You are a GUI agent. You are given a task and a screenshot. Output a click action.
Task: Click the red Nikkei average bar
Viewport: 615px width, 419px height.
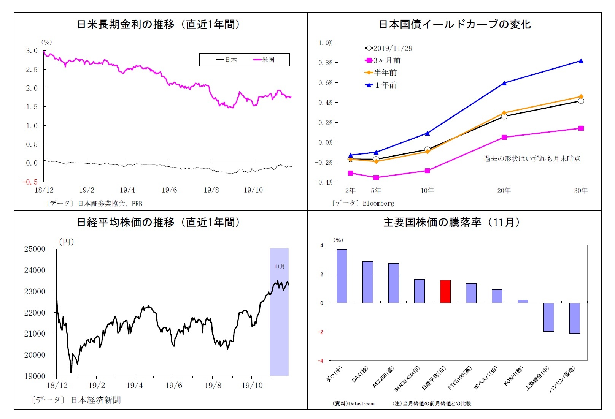445,291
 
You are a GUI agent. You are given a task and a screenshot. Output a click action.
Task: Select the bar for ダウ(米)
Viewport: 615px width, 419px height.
342,276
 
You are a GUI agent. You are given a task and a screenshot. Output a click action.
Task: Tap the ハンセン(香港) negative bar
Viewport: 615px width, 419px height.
574,318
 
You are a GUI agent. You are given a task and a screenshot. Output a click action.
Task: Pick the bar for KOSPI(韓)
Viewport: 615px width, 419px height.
523,301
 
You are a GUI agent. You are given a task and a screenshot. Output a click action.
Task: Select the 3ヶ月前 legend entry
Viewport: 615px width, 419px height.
383,60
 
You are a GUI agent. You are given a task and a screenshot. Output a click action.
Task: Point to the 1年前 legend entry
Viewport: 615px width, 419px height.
381,85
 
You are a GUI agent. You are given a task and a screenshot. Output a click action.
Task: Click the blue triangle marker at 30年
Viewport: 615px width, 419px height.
581,61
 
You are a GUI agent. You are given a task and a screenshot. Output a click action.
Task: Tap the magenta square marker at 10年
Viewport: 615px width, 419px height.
427,171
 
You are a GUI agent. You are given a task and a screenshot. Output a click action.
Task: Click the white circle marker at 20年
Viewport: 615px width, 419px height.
504,116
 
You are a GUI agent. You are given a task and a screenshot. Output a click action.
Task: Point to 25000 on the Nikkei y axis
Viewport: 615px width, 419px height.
35,249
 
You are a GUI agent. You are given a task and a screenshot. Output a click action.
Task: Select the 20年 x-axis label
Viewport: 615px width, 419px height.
504,190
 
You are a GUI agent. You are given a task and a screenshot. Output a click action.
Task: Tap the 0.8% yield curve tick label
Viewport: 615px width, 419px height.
325,63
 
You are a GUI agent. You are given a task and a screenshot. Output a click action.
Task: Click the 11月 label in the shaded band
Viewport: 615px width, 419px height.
280,266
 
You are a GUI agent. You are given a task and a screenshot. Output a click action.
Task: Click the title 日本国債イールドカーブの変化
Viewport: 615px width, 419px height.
454,24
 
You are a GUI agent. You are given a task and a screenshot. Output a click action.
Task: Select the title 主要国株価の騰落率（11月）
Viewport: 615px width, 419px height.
451,222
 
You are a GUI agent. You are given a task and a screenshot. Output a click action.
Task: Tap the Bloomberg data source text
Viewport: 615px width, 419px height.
378,203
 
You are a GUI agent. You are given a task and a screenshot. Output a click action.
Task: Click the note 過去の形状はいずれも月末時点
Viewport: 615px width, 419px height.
532,158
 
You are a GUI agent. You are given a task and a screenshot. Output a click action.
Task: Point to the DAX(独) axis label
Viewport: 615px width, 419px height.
360,375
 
